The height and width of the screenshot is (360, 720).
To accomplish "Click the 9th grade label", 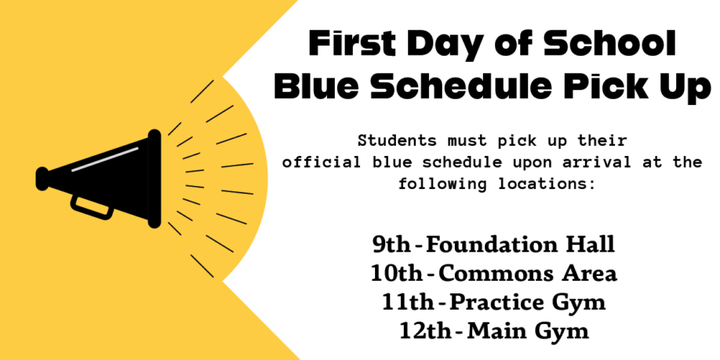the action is click(x=391, y=245).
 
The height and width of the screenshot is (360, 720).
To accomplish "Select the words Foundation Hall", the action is click(x=520, y=245).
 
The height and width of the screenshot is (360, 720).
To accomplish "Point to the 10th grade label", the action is click(x=396, y=275).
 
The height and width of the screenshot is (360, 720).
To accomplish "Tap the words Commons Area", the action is click(x=528, y=275).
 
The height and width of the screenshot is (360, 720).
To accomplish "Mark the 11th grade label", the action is click(x=407, y=303).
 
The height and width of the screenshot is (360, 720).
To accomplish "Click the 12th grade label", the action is click(x=425, y=332).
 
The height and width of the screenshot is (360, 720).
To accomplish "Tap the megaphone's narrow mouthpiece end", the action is click(x=42, y=179).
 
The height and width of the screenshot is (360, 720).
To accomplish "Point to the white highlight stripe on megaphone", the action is click(x=105, y=159).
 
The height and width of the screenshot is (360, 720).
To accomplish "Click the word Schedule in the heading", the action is click(x=464, y=87).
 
